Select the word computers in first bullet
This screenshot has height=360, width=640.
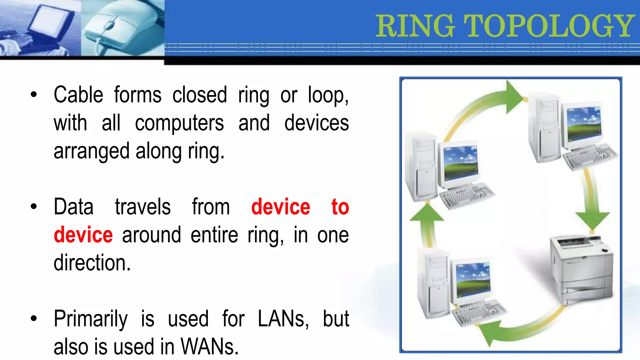pyautogui.click(x=179, y=123)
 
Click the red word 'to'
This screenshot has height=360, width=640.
pyautogui.click(x=340, y=207)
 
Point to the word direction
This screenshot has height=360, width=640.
pyautogui.click(x=92, y=262)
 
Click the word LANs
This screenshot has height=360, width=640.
pyautogui.click(x=283, y=319)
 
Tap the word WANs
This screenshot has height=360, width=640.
pyautogui.click(x=210, y=347)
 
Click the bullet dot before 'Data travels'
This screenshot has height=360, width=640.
pyautogui.click(x=34, y=207)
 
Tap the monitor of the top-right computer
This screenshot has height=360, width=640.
pyautogui.click(x=583, y=124)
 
